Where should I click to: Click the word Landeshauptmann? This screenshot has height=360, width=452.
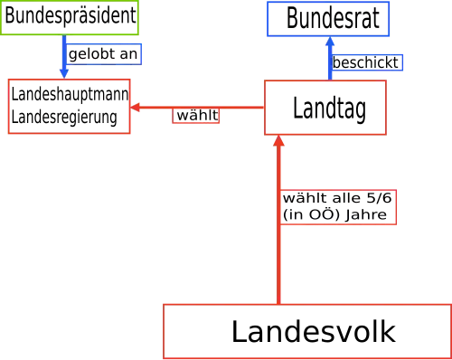[70, 94]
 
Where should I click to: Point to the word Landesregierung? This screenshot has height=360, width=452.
[64, 118]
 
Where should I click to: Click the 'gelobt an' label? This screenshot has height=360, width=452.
[103, 54]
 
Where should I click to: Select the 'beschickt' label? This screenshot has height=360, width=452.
[366, 62]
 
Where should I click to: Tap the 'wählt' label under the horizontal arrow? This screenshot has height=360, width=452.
[196, 116]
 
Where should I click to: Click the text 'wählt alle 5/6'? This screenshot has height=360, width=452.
[337, 198]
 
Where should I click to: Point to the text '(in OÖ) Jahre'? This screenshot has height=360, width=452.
[334, 214]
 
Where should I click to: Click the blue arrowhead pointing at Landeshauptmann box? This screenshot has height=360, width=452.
[64, 73]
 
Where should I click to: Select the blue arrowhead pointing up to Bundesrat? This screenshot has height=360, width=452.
[330, 42]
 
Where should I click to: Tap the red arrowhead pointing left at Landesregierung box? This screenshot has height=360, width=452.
[135, 107]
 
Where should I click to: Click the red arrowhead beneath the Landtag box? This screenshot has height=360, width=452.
[278, 141]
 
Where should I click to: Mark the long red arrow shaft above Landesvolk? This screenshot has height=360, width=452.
[278, 225]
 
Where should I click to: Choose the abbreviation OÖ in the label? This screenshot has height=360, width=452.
[320, 214]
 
